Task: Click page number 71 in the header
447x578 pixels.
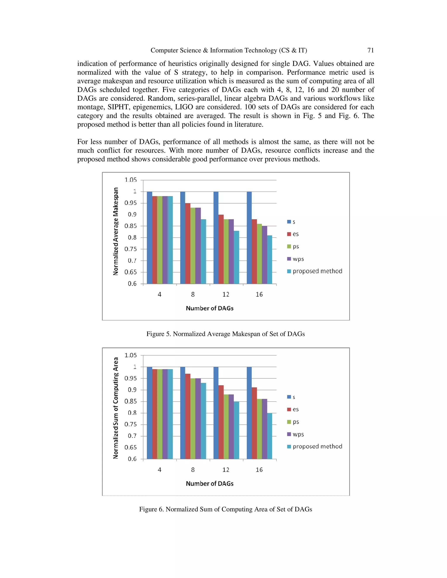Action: pyautogui.click(x=370, y=50)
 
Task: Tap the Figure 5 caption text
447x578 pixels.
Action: pyautogui.click(x=226, y=334)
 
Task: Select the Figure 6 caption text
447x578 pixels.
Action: pyautogui.click(x=226, y=509)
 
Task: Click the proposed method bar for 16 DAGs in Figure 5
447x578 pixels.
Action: pyautogui.click(x=269, y=259)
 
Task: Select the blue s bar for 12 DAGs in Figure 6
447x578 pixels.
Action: pyautogui.click(x=216, y=413)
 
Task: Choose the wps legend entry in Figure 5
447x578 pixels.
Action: pyautogui.click(x=296, y=259)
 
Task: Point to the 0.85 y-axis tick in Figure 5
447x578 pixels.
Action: pyautogui.click(x=131, y=226)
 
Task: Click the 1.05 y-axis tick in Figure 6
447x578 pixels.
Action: pyautogui.click(x=131, y=355)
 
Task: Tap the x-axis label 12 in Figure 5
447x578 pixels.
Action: pyautogui.click(x=226, y=294)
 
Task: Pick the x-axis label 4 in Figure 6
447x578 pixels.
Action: pyautogui.click(x=159, y=470)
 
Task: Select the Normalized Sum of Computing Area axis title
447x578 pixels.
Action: pyautogui.click(x=116, y=408)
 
